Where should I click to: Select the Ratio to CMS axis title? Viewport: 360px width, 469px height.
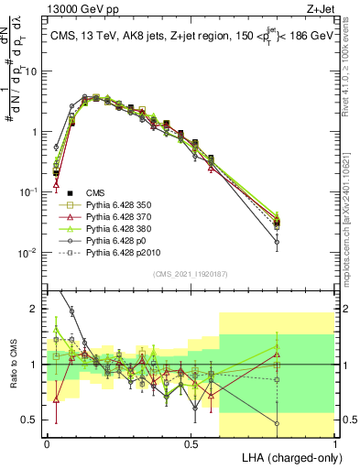click(15, 365)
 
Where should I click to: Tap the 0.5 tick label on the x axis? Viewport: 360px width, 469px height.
click(191, 443)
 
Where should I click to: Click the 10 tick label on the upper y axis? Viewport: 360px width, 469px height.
click(33, 71)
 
